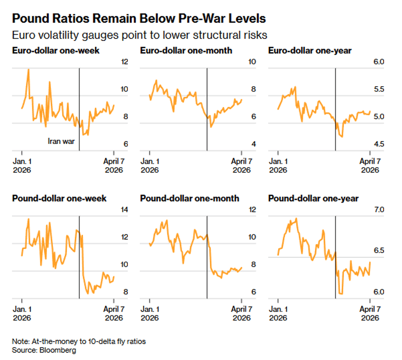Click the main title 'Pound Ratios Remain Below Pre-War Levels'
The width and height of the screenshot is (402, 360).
(139, 18)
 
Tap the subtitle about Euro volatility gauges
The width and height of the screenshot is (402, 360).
(139, 35)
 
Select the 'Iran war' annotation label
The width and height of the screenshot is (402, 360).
(61, 141)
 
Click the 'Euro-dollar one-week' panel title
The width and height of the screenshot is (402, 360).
(56, 51)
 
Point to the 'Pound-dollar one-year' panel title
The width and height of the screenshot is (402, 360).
(313, 198)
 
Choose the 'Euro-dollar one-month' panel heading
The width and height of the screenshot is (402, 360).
(186, 51)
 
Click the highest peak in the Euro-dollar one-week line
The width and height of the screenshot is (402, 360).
(28, 69)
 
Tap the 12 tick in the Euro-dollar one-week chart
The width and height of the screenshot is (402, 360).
(124, 62)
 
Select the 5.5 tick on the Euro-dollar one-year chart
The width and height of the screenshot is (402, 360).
(379, 89)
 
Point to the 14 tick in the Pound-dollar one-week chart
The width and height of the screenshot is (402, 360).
(124, 209)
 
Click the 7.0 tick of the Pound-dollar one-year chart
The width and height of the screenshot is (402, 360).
(379, 209)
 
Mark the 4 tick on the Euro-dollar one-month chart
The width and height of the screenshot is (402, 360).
(254, 144)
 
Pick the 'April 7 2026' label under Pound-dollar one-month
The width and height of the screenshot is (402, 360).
(242, 313)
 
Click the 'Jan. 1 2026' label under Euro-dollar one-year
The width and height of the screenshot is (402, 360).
(278, 166)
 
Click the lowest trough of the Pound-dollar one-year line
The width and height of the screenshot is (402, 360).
(341, 294)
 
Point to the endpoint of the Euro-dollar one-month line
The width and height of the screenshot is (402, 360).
(242, 100)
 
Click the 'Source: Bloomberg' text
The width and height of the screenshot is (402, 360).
(44, 350)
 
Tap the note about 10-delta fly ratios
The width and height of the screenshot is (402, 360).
(79, 342)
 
